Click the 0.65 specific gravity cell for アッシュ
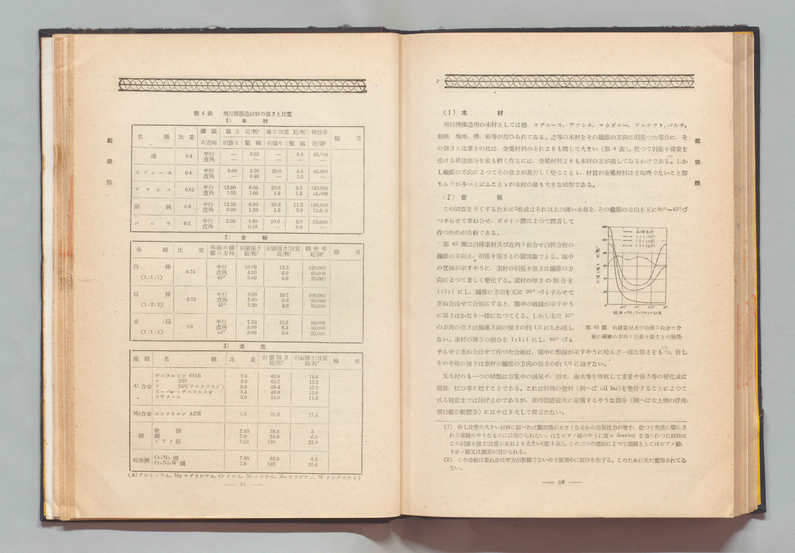(189, 190)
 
